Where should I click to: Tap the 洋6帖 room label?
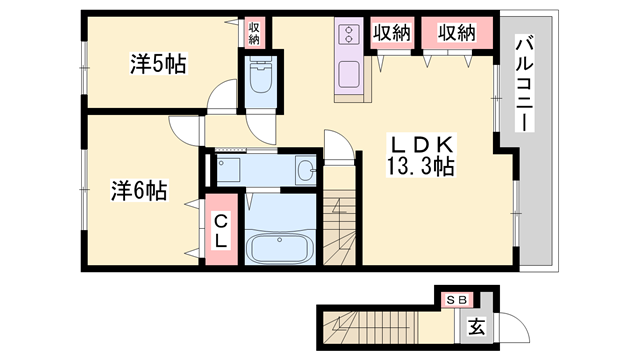click(x=138, y=188)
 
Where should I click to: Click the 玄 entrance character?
click(x=477, y=325)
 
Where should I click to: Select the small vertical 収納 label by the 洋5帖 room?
click(x=254, y=33)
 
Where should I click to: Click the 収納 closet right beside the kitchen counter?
click(x=393, y=32)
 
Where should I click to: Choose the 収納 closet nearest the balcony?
click(x=456, y=32)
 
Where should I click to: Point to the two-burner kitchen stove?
click(x=350, y=35)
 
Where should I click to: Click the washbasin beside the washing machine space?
click(x=305, y=171)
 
